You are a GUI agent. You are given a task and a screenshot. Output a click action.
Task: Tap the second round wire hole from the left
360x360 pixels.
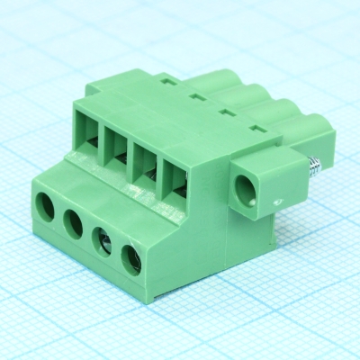pyautogui.click(x=74, y=220)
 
